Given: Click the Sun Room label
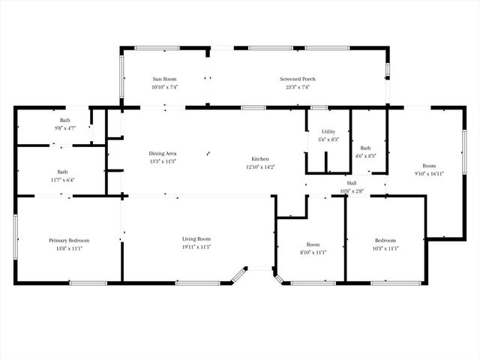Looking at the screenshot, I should pyautogui.click(x=165, y=79).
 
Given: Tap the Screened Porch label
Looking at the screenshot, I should pyautogui.click(x=298, y=79).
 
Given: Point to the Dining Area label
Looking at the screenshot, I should pyautogui.click(x=162, y=153).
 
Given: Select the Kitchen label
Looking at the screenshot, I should pyautogui.click(x=260, y=160).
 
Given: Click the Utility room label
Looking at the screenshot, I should pyautogui.click(x=328, y=132).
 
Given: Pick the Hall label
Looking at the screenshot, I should pyautogui.click(x=351, y=183).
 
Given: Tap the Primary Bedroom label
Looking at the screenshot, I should pyautogui.click(x=69, y=240).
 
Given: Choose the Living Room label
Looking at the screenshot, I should pyautogui.click(x=196, y=239).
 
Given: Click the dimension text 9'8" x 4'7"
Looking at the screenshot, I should pyautogui.click(x=65, y=128).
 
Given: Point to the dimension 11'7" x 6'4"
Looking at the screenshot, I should pyautogui.click(x=62, y=180).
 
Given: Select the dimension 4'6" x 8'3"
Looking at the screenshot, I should pyautogui.click(x=365, y=156).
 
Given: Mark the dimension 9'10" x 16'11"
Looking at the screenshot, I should pyautogui.click(x=429, y=173).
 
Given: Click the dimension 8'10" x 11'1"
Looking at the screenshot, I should pyautogui.click(x=313, y=252).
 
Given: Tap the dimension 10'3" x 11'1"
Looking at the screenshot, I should pyautogui.click(x=386, y=248).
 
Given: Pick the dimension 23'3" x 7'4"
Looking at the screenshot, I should pyautogui.click(x=298, y=87).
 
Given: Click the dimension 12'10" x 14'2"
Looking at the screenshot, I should pyautogui.click(x=260, y=167).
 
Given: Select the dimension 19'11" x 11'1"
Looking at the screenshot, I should pyautogui.click(x=196, y=247).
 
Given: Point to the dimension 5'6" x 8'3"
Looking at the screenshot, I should pyautogui.click(x=328, y=139).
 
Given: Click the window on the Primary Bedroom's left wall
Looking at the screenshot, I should pyautogui.click(x=16, y=238).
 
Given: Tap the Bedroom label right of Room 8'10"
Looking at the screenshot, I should pyautogui.click(x=386, y=240).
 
